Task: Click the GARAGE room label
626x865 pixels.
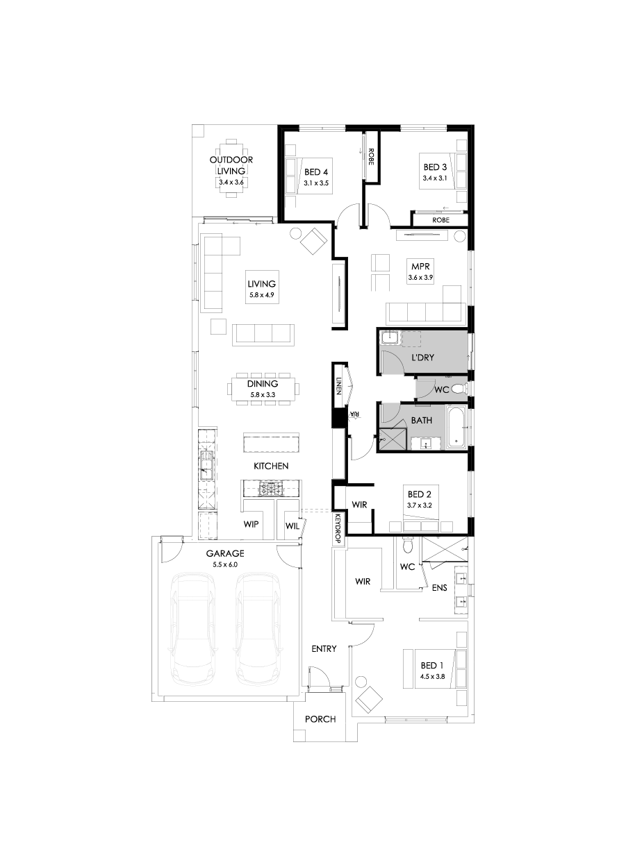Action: point(225,553)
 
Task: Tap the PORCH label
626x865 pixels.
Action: point(320,719)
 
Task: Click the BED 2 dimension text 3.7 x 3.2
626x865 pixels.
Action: point(420,505)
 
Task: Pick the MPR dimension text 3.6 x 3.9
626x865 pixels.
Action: point(421,278)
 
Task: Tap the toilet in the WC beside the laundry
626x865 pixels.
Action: point(458,389)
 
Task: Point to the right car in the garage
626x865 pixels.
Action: point(258,628)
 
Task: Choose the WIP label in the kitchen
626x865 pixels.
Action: point(251,525)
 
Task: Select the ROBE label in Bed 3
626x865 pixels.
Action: point(440,219)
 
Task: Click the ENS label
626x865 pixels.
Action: point(440,588)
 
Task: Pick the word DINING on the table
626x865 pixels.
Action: point(263,384)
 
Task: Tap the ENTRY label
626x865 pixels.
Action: point(324,648)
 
